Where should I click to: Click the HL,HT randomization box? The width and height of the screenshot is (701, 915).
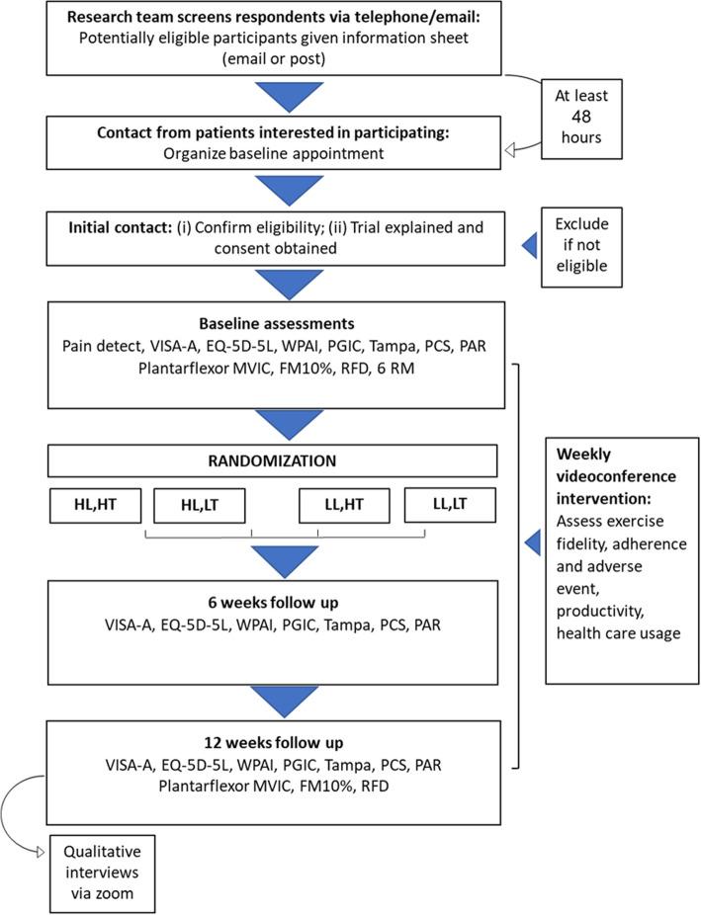[93, 505]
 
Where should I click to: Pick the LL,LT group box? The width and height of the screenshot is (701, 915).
[450, 505]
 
